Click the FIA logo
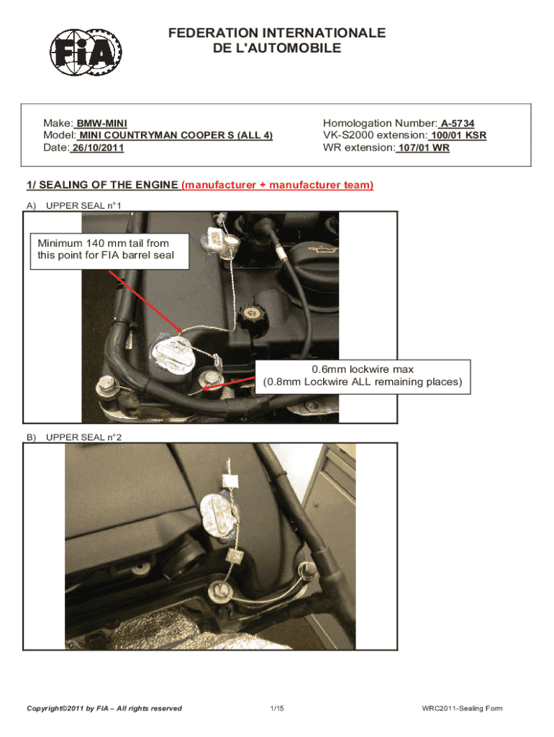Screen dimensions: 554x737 (x=86, y=52)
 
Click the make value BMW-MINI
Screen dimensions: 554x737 (x=101, y=124)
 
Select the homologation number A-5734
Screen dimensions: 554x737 (x=457, y=124)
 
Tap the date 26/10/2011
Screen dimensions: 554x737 (x=98, y=148)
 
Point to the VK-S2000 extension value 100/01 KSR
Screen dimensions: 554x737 (x=458, y=135)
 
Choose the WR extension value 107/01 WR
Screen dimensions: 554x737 (x=423, y=148)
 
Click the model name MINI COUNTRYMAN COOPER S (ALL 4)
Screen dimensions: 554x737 (x=176, y=135)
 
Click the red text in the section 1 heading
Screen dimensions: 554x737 (x=278, y=185)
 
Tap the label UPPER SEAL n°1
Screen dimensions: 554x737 (x=83, y=206)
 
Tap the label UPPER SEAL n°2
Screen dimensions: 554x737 (x=83, y=438)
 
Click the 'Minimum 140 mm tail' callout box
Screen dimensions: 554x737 (x=109, y=251)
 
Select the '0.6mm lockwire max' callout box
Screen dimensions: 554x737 (x=363, y=377)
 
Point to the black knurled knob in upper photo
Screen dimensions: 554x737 (x=251, y=316)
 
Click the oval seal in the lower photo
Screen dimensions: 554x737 (x=217, y=515)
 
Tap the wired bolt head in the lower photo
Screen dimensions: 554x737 (x=219, y=591)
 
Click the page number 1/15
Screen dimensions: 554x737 (x=277, y=708)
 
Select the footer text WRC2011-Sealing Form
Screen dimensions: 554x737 (x=462, y=708)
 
